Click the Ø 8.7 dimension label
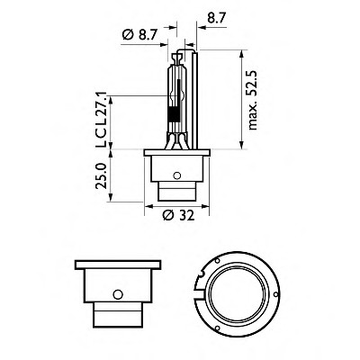[x=139, y=35]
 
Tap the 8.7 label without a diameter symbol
[x=216, y=18]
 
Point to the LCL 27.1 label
[x=101, y=120]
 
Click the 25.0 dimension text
[x=101, y=176]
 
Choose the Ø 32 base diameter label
[x=178, y=215]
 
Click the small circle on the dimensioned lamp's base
[x=177, y=175]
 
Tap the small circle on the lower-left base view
[x=118, y=294]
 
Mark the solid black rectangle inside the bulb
[x=174, y=114]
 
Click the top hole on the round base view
[x=217, y=260]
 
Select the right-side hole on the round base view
[x=275, y=294]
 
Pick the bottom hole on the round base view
[x=217, y=328]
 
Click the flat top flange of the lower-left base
[x=118, y=265]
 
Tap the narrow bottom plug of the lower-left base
[x=118, y=315]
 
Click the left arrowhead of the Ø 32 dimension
[x=148, y=206]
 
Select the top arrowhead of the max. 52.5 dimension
[x=241, y=55]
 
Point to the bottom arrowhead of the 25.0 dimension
[x=111, y=197]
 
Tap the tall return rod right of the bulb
[x=195, y=101]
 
